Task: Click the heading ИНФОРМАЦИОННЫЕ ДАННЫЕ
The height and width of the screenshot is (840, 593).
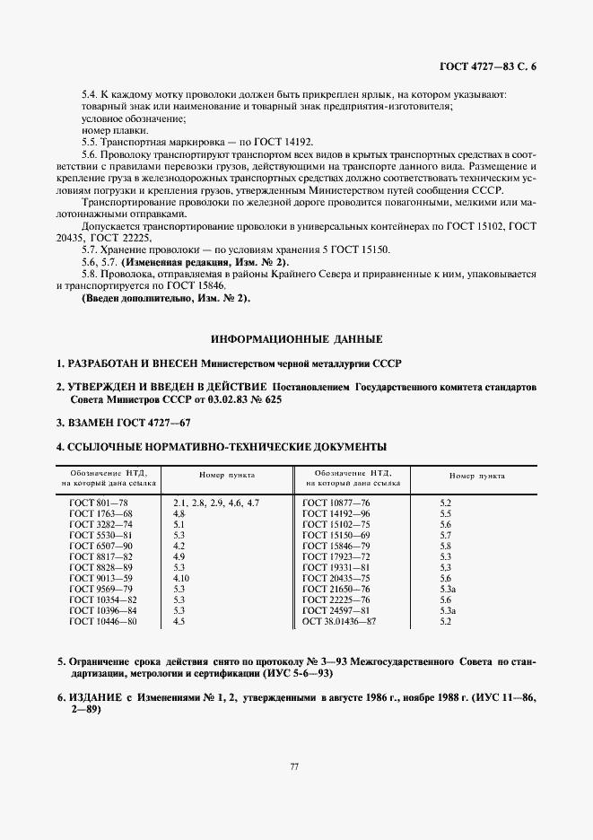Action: [296, 339]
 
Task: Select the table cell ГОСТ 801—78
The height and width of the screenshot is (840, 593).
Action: [100, 503]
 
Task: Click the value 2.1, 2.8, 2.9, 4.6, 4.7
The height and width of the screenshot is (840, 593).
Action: [216, 503]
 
